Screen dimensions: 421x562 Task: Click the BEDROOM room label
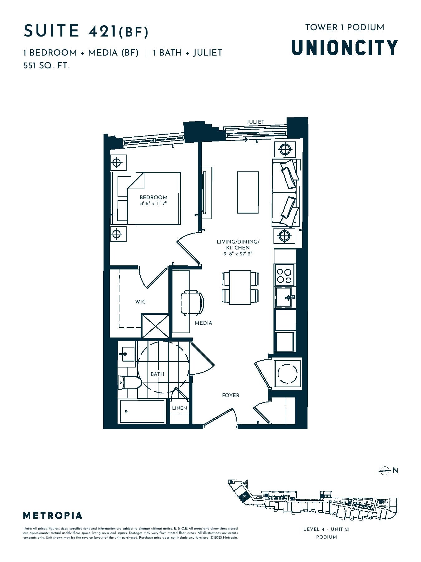click(153, 197)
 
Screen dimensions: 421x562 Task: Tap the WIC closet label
click(140, 302)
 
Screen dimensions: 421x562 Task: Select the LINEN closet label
click(180, 408)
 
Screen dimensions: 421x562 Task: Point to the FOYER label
click(231, 395)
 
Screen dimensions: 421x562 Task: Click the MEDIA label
click(203, 323)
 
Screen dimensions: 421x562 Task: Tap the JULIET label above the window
click(256, 122)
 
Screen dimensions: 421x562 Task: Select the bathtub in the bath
click(142, 411)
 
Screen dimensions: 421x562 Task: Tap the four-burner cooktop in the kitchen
click(284, 275)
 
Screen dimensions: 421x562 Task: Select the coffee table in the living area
click(248, 192)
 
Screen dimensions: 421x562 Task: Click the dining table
click(240, 287)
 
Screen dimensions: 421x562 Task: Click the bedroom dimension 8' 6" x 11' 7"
click(153, 204)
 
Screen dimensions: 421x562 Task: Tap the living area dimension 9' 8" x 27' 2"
click(238, 254)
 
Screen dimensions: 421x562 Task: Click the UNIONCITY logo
click(345, 47)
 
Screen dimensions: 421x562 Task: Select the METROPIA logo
click(53, 515)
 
